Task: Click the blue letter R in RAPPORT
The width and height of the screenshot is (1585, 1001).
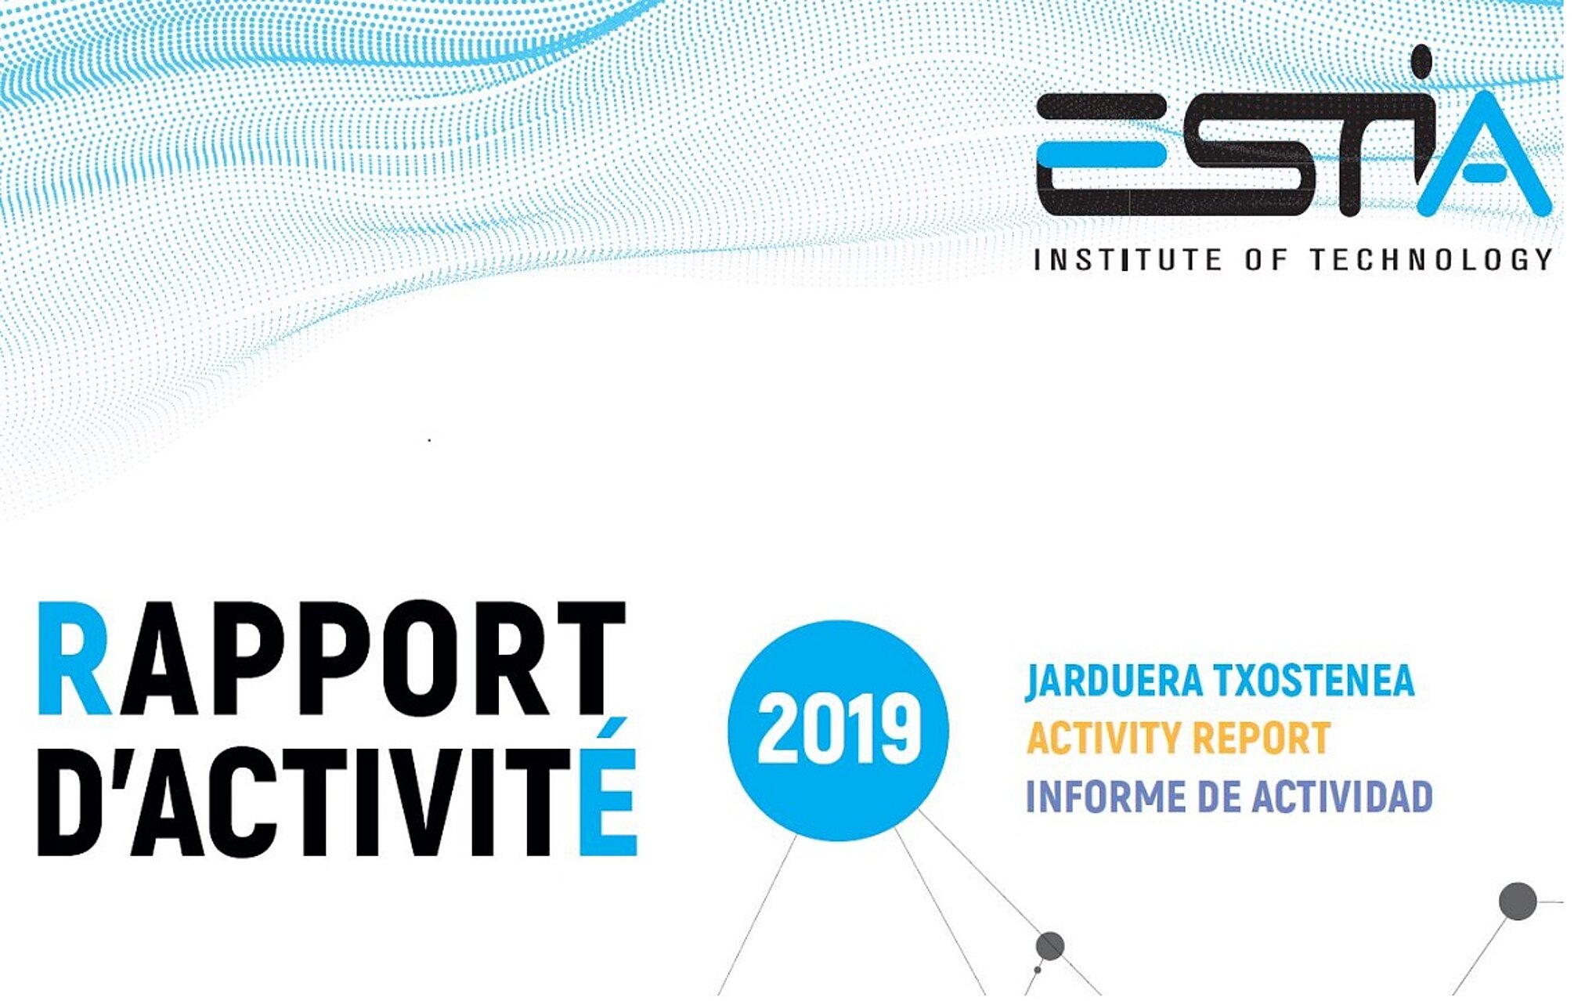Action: (x=74, y=658)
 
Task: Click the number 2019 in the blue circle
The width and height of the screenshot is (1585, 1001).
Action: (x=839, y=731)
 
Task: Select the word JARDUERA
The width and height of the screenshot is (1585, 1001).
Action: (x=1114, y=681)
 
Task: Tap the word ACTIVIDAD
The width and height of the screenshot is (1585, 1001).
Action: (x=1342, y=797)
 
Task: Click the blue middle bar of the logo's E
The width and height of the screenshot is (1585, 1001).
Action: (x=1106, y=154)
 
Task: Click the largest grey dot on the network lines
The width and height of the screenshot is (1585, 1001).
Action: (x=1518, y=901)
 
